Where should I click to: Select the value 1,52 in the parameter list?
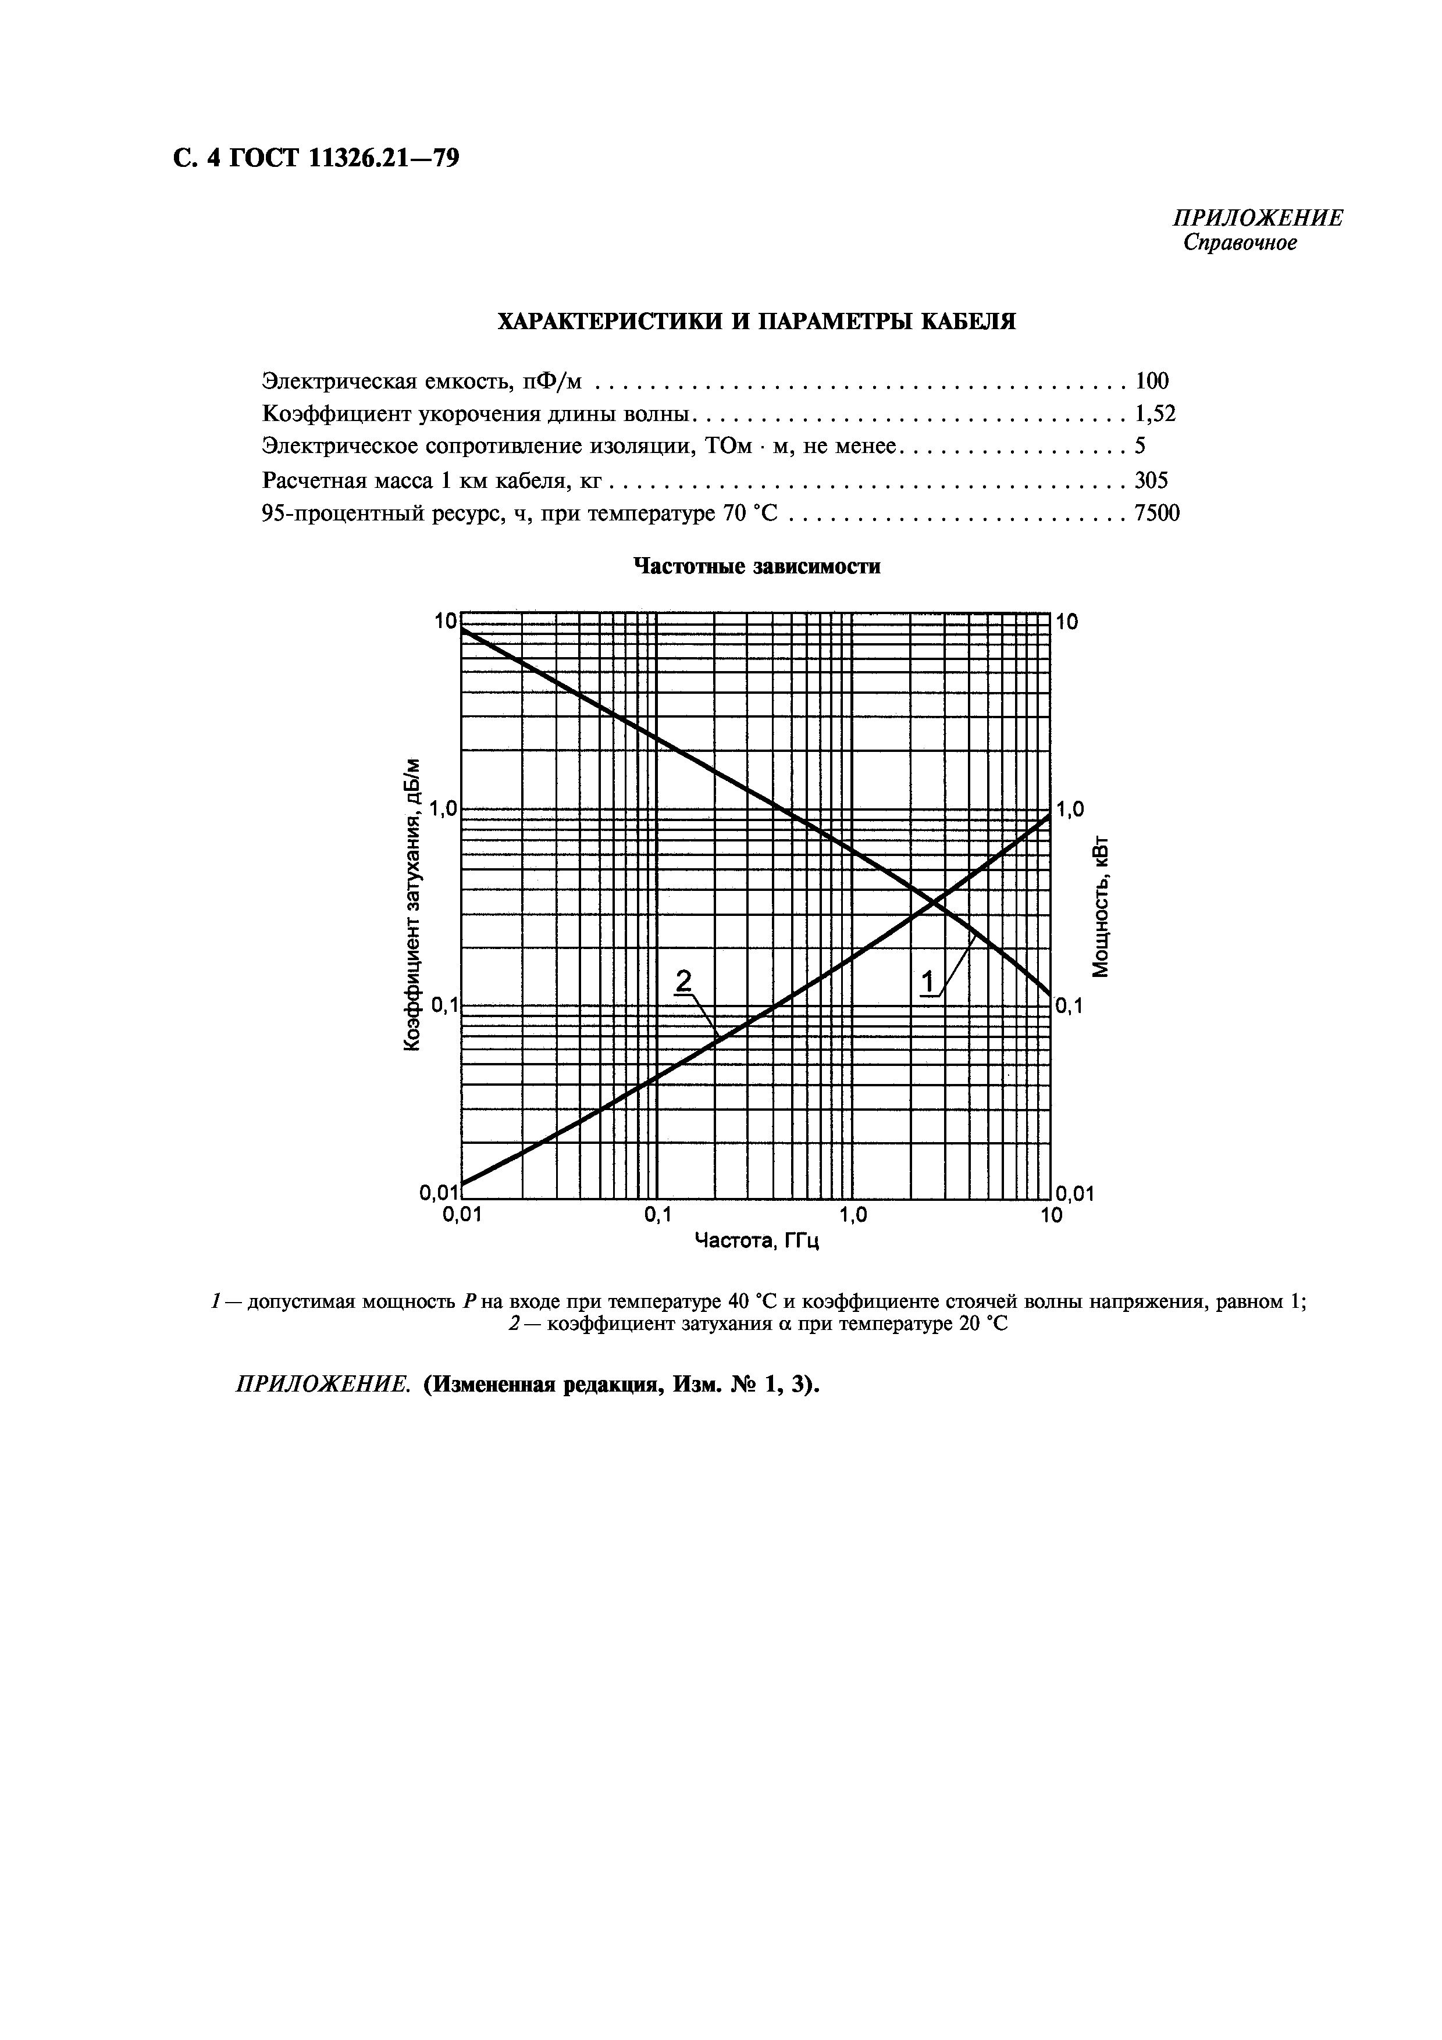(1155, 414)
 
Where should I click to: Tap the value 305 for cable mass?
(1152, 481)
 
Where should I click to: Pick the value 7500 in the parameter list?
(1157, 513)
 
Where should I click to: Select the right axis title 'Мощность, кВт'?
(1102, 906)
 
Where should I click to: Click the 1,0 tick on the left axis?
(441, 809)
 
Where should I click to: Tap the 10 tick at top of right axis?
(1067, 622)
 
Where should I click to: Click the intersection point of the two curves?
(934, 903)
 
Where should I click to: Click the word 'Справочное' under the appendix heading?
(1240, 244)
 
